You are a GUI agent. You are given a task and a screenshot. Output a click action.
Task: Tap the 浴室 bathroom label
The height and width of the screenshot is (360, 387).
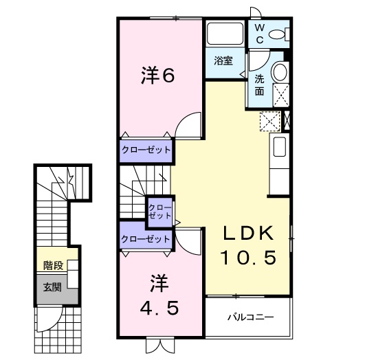[x=223, y=60]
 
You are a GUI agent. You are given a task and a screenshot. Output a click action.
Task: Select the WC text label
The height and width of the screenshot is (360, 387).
[x=260, y=33]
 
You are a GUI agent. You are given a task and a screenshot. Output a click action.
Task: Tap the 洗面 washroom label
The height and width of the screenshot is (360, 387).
[x=259, y=84]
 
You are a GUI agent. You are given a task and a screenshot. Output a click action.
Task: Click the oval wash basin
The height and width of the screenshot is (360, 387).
[x=280, y=71]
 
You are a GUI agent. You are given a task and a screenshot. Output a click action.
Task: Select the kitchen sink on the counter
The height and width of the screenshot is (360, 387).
[x=280, y=148]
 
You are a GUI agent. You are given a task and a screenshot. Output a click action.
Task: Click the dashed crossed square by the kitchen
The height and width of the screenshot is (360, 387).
[x=268, y=121]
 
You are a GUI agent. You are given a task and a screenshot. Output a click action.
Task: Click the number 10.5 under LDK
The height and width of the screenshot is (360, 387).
[x=248, y=258]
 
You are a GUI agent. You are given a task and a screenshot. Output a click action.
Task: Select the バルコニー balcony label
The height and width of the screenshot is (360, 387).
[x=251, y=317]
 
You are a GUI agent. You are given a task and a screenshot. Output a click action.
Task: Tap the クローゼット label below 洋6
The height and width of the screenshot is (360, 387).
[x=146, y=148]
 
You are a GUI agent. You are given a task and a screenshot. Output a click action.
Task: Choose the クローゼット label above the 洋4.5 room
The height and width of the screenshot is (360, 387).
[x=146, y=238]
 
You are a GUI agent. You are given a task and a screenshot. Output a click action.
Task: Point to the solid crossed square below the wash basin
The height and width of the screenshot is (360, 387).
[x=280, y=93]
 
